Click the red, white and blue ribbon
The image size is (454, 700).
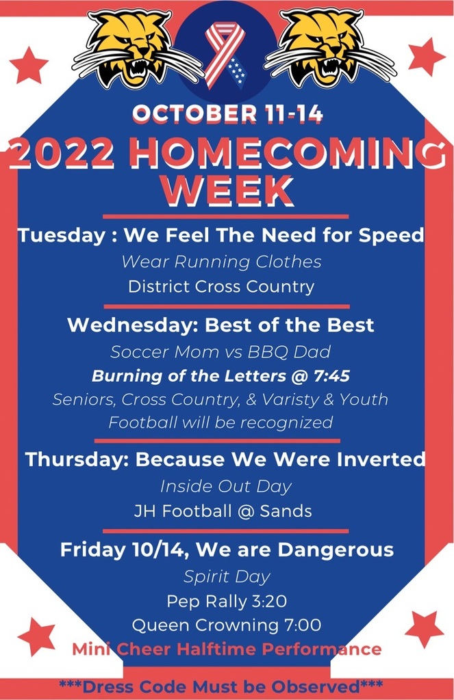click(x=225, y=55)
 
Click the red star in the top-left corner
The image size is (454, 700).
click(x=29, y=65)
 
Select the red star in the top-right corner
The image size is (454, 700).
click(x=426, y=56)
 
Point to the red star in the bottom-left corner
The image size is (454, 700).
click(x=36, y=636)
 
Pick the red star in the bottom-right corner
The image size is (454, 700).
click(x=423, y=628)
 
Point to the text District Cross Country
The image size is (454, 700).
click(x=221, y=286)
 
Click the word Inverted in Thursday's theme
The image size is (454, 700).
click(x=374, y=459)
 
